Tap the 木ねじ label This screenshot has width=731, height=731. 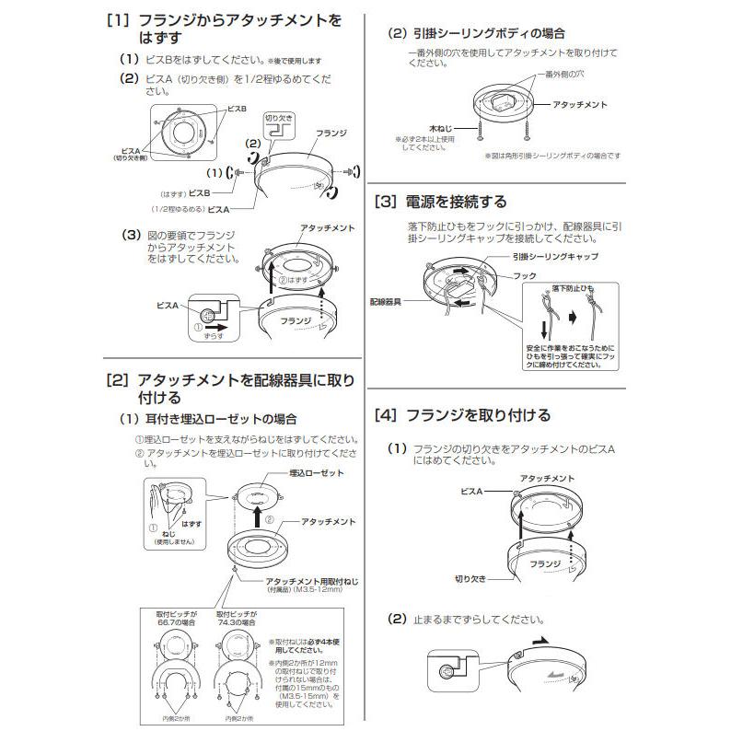tap(442, 121)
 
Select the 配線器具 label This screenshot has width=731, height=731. tap(388, 301)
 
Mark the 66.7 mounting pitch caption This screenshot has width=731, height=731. tap(173, 618)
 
